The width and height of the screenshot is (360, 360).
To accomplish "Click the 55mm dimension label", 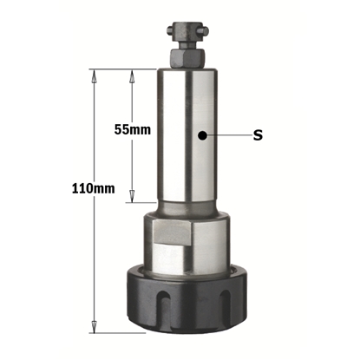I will [133, 129].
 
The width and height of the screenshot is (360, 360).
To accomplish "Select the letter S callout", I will [258, 134].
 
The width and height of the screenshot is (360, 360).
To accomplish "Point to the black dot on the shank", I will [201, 134].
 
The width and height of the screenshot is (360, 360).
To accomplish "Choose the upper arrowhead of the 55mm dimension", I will [133, 75].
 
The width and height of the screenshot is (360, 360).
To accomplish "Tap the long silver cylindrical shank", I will [187, 139].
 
